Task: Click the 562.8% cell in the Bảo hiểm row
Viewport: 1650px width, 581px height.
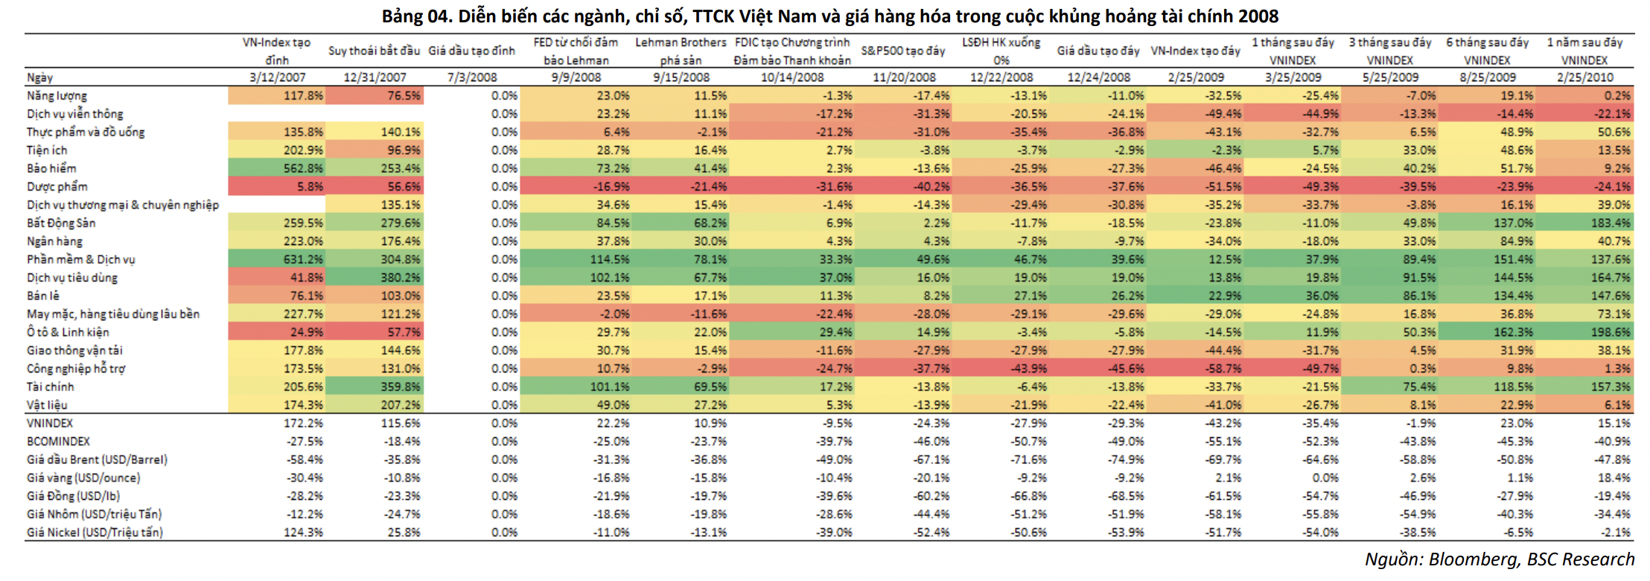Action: tap(303, 168)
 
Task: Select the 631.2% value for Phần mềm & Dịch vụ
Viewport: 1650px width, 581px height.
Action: tap(303, 259)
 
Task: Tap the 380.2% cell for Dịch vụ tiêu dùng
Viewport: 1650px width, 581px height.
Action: tap(401, 278)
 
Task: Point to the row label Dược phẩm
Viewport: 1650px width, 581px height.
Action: tap(57, 187)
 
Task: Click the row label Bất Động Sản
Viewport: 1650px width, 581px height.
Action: tap(61, 223)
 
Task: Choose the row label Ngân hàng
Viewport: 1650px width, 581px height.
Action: tap(54, 241)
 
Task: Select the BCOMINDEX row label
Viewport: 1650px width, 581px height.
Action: tap(58, 442)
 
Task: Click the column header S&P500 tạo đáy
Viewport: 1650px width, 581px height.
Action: tap(902, 51)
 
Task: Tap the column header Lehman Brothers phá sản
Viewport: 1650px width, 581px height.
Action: tap(681, 51)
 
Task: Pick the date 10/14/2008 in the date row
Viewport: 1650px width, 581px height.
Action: tap(792, 77)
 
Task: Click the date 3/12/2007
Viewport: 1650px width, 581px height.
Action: tap(277, 77)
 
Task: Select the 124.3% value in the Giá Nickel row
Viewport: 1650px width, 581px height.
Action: tap(303, 533)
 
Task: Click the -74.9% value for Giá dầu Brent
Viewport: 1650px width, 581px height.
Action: tap(1126, 460)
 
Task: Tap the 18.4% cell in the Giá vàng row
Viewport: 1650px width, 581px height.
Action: tap(1614, 478)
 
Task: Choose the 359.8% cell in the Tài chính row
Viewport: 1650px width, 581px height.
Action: tap(401, 387)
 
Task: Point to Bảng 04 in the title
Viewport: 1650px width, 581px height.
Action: tap(417, 16)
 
